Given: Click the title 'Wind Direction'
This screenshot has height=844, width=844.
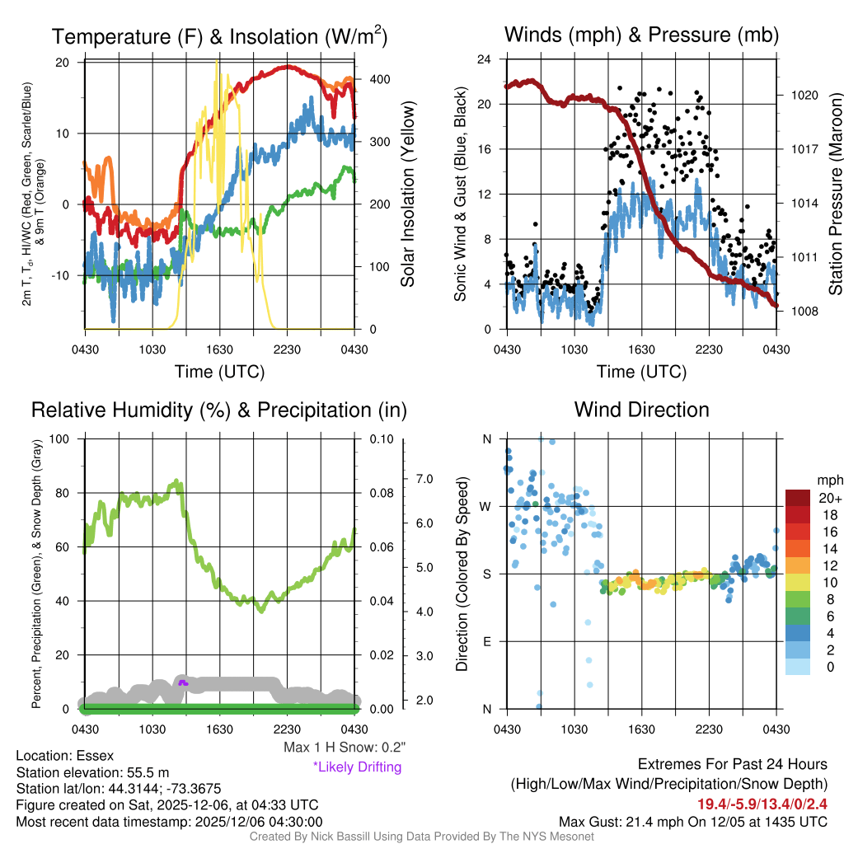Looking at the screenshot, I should pyautogui.click(x=641, y=410).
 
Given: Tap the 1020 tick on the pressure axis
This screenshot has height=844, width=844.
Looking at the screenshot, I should pyautogui.click(x=804, y=95).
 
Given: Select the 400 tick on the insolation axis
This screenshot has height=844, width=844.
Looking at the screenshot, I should pyautogui.click(x=379, y=79).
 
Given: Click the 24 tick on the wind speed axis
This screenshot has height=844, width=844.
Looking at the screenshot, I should pyautogui.click(x=485, y=59).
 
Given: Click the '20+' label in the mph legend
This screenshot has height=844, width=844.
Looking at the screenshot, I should pyautogui.click(x=830, y=498).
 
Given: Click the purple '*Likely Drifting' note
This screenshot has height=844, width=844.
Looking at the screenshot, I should pyautogui.click(x=357, y=767).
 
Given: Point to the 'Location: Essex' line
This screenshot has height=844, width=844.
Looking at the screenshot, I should pyautogui.click(x=65, y=755).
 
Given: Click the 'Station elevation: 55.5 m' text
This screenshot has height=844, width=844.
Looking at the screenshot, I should pyautogui.click(x=92, y=772).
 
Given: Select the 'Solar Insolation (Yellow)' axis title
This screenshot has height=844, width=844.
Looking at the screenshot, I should pyautogui.click(x=407, y=195).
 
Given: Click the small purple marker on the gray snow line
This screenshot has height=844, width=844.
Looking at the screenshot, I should pyautogui.click(x=183, y=682).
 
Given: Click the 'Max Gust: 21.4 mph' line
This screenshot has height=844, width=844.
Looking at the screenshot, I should pyautogui.click(x=693, y=821).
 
